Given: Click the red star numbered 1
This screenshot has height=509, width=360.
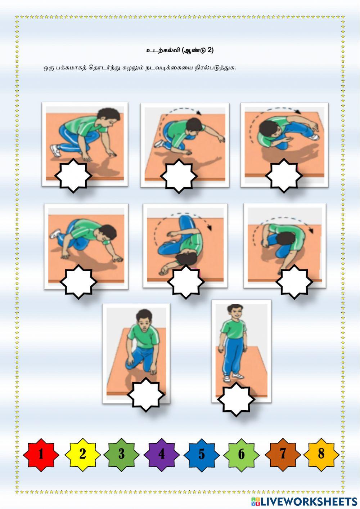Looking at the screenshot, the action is click(x=41, y=455).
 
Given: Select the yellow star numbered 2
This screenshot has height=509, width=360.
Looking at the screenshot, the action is click(x=83, y=455).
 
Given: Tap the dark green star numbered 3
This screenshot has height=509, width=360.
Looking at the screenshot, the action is click(x=122, y=455).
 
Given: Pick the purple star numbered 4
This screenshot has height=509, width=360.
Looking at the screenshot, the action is click(x=162, y=455).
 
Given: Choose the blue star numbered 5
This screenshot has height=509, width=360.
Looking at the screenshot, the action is click(x=202, y=455).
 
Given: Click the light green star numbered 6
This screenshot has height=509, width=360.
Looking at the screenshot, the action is click(x=242, y=455).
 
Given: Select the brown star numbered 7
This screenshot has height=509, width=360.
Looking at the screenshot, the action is click(x=283, y=455).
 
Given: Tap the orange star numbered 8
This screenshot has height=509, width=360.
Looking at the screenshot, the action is click(x=321, y=455).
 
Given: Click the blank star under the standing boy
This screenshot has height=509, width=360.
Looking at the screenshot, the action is click(x=236, y=399).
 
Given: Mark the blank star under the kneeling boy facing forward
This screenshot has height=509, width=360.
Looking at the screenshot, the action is click(x=146, y=395).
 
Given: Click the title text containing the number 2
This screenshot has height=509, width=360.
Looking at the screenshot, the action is click(x=180, y=50).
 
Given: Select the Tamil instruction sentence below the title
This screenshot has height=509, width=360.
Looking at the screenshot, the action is click(x=140, y=68).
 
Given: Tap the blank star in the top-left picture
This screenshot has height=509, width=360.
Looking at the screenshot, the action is click(x=73, y=176).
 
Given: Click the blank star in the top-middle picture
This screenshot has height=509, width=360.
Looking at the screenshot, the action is click(x=179, y=176).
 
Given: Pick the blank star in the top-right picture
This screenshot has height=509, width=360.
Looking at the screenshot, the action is click(x=284, y=176).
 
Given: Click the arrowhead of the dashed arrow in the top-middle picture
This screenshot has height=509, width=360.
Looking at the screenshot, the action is click(x=199, y=113).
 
